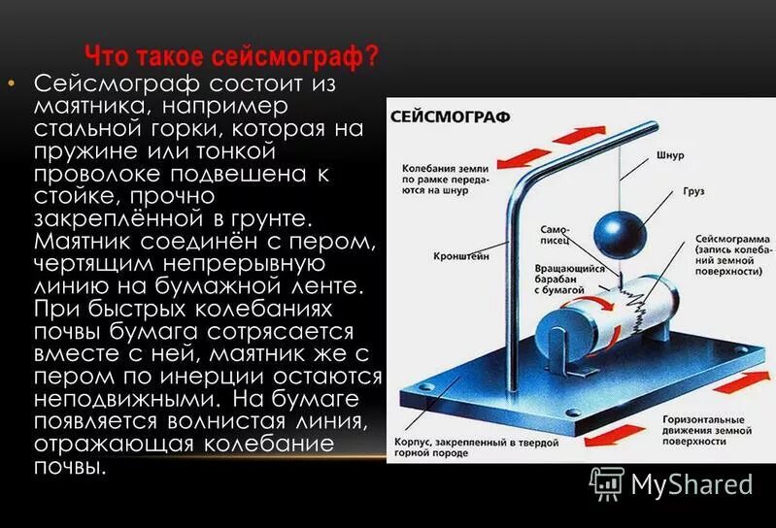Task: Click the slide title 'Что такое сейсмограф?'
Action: pyautogui.click(x=231, y=55)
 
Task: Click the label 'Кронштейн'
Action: pyautogui.click(x=461, y=257)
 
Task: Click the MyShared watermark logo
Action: pyautogui.click(x=673, y=483)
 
